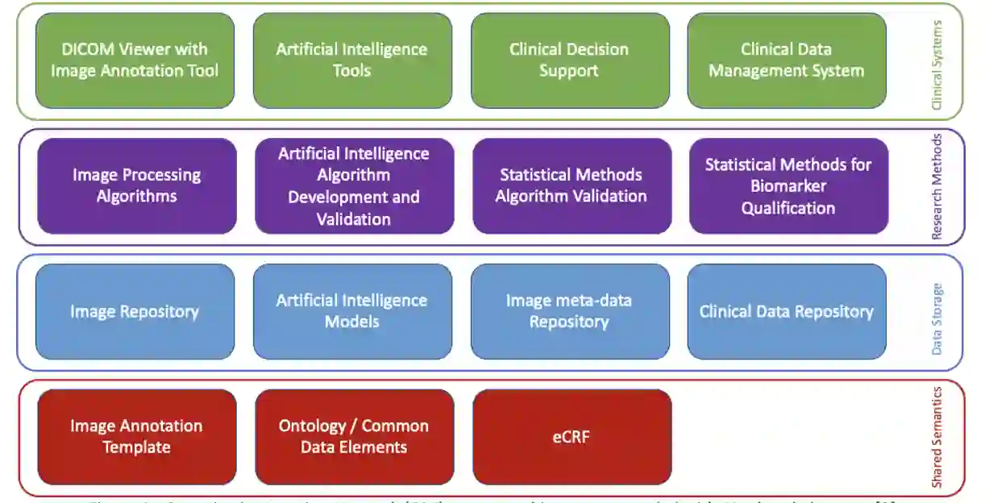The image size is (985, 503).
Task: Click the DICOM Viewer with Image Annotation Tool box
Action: tap(135, 60)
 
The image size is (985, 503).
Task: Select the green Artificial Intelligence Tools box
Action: tap(352, 60)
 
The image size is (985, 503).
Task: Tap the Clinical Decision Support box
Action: tap(569, 60)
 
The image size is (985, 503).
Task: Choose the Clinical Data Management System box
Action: tap(786, 60)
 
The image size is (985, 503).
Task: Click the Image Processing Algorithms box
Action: tap(136, 186)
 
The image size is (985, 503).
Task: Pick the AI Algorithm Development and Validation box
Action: tap(354, 186)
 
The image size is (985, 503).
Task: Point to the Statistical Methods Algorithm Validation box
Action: tap(571, 186)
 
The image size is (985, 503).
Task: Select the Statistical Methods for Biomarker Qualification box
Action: tap(788, 186)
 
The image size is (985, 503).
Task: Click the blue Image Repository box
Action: tap(135, 312)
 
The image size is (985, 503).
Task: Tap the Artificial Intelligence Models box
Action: tap(352, 312)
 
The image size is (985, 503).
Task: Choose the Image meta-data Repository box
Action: tap(569, 312)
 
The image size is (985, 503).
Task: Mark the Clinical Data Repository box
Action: tap(786, 312)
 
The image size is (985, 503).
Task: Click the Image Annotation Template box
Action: tap(136, 437)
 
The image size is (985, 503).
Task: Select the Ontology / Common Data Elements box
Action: tap(354, 437)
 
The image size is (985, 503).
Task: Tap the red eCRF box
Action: tap(571, 437)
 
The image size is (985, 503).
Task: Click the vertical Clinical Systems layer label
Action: tap(937, 64)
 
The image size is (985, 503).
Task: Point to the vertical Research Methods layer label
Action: tap(937, 187)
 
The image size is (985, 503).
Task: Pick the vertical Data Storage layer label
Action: tap(937, 318)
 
